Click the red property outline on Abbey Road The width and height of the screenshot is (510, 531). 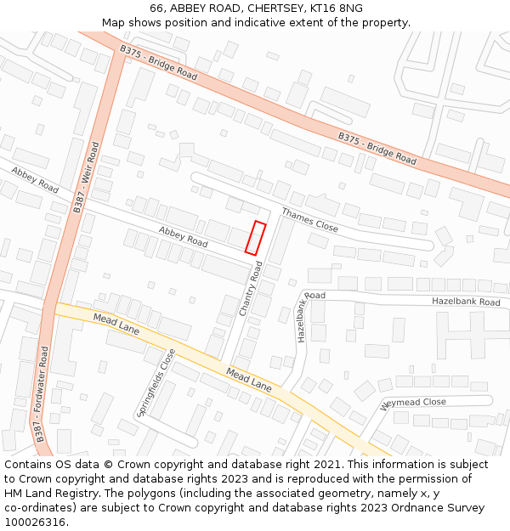tap(255, 237)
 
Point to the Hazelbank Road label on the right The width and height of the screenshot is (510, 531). tap(466, 302)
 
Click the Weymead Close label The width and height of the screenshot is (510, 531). tap(413, 402)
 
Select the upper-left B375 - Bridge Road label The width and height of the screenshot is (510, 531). tap(158, 62)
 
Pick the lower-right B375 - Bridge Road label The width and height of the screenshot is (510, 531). tap(377, 148)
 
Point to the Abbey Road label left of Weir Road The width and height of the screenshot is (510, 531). tap(35, 179)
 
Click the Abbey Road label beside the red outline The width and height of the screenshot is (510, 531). tap(183, 237)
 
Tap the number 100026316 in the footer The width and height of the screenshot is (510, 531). tap(34, 523)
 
